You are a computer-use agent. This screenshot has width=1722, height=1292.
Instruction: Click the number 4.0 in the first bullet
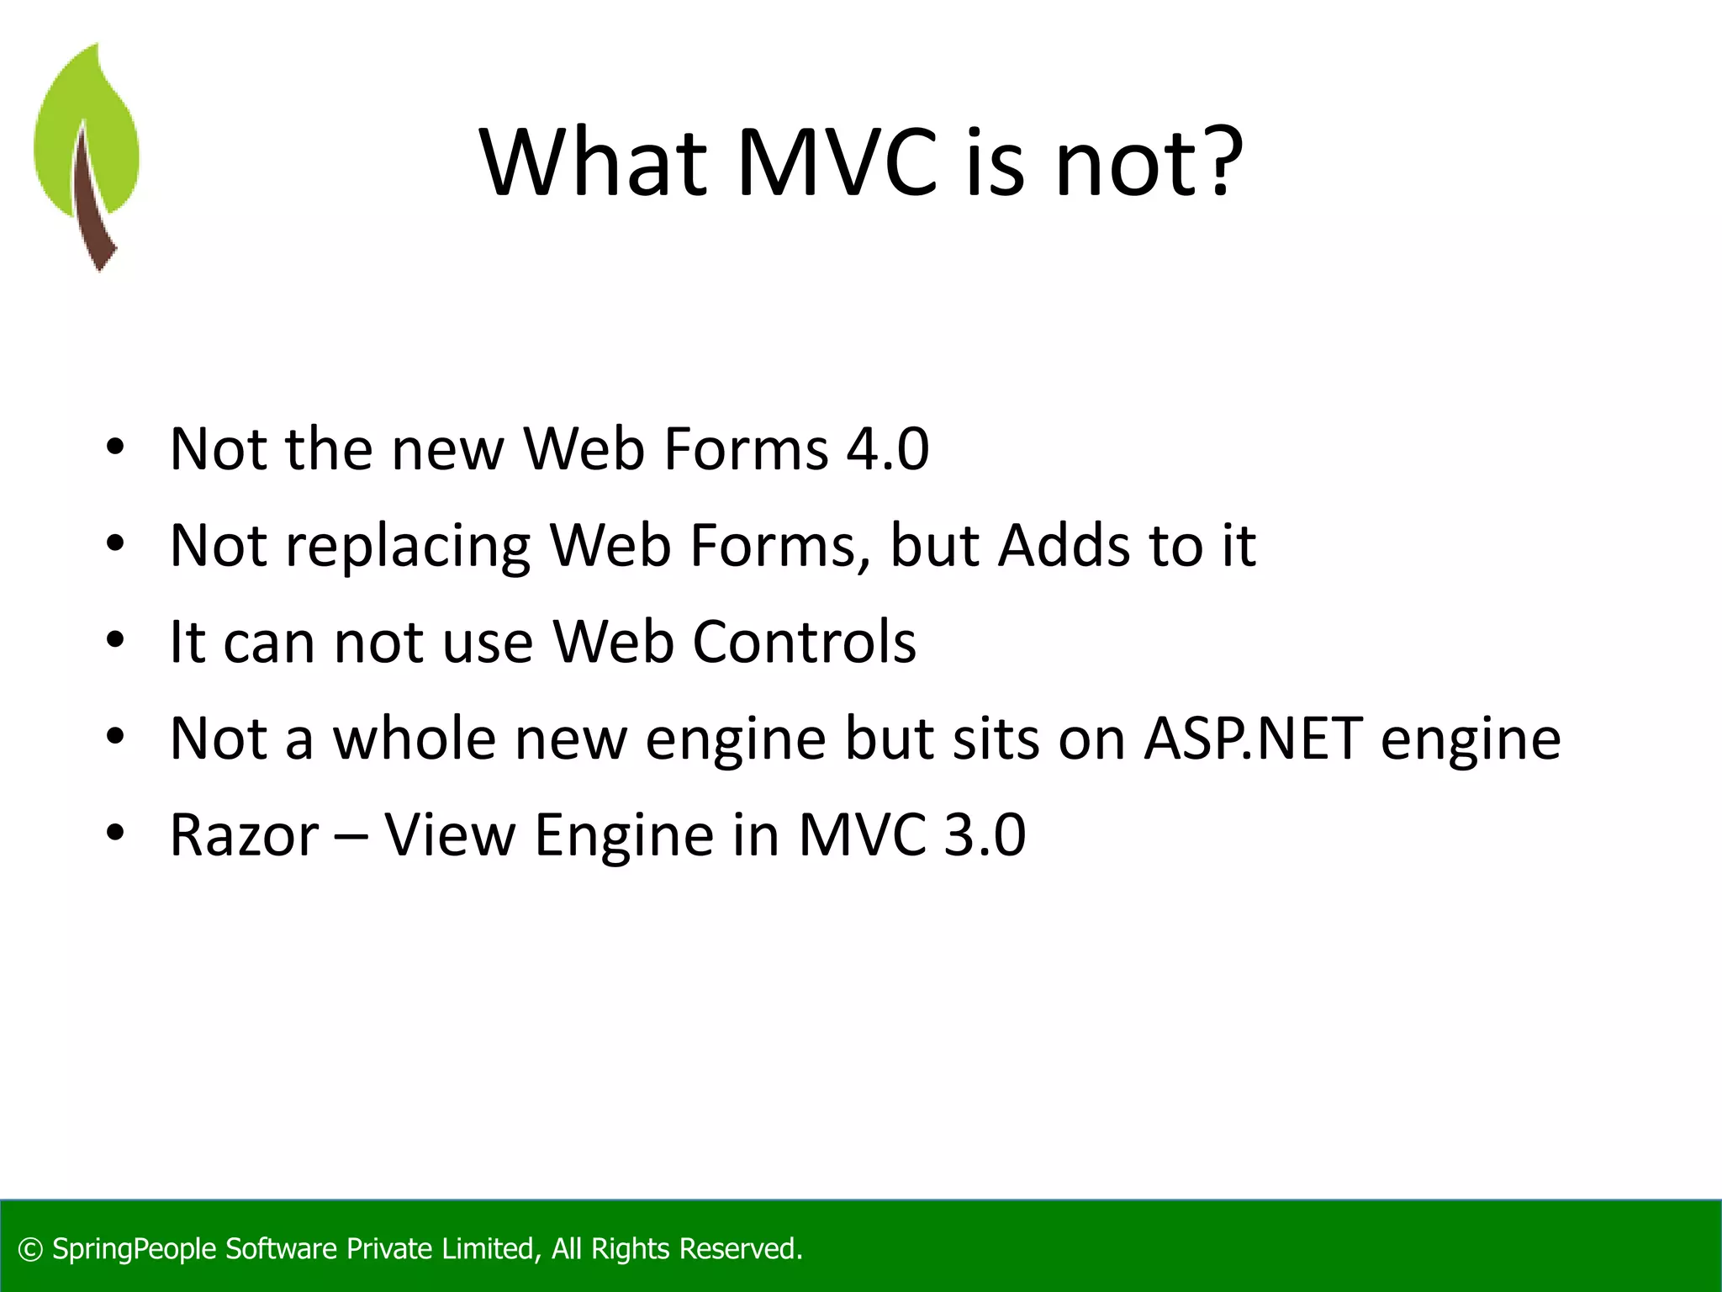(887, 448)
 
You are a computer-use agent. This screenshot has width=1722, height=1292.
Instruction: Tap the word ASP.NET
(1253, 738)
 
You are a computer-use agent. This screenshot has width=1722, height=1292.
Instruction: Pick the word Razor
(244, 835)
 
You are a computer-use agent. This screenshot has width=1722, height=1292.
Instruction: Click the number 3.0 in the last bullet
(984, 835)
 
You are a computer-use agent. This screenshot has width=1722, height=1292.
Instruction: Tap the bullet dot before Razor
(115, 834)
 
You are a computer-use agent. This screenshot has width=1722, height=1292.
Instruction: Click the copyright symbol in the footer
(30, 1249)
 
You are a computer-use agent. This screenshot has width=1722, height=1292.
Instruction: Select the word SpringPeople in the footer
(135, 1249)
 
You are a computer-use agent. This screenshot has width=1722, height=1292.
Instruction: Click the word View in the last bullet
(449, 835)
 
